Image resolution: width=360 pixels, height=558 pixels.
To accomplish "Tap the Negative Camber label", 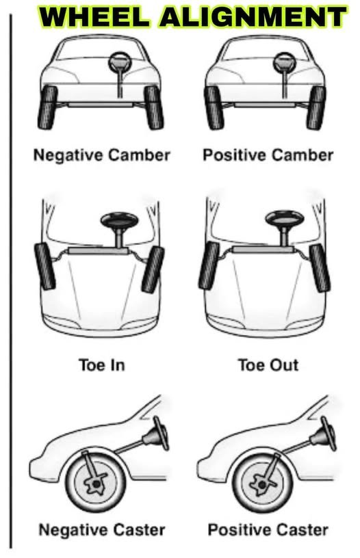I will click(x=101, y=155).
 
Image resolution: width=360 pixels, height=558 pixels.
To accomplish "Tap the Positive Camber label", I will click(x=268, y=155).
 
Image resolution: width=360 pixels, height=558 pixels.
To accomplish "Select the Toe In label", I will click(x=101, y=364).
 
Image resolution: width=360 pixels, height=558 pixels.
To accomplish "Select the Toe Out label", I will click(x=268, y=364).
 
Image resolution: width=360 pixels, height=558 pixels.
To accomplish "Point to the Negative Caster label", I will click(x=101, y=529).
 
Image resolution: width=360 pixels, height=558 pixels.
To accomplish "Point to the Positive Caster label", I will click(x=268, y=529).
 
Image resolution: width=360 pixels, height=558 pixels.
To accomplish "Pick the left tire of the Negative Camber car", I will click(x=49, y=107).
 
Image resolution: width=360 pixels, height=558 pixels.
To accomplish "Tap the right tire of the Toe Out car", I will click(x=318, y=265).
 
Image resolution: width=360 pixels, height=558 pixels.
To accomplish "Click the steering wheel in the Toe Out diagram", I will click(x=283, y=221).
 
